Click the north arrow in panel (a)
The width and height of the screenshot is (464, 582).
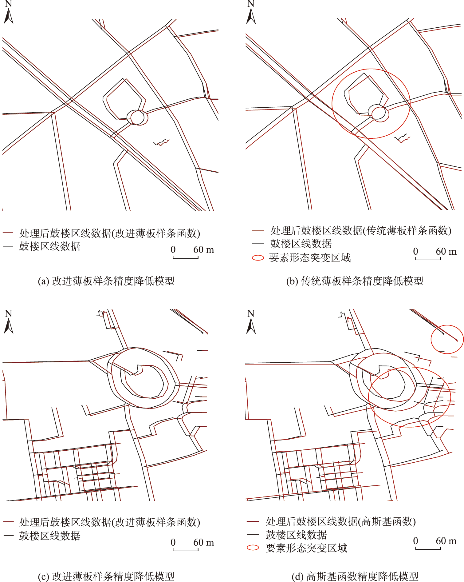click(8, 16)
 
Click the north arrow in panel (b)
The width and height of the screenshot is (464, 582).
click(251, 16)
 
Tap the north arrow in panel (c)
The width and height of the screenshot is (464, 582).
click(8, 326)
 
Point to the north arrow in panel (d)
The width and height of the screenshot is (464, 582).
click(251, 326)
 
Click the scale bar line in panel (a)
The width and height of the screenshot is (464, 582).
click(186, 257)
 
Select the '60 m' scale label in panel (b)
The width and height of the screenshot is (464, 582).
click(446, 251)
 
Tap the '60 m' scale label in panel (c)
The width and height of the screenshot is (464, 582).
click(203, 542)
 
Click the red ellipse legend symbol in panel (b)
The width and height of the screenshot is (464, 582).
click(258, 258)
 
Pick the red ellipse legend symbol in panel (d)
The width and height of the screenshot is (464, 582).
click(253, 548)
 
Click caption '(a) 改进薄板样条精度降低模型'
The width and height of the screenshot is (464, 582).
click(106, 281)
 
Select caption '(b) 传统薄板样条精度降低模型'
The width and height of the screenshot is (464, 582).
click(355, 281)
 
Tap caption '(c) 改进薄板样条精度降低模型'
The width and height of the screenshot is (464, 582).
click(106, 576)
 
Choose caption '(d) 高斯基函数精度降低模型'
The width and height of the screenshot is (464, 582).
click(355, 576)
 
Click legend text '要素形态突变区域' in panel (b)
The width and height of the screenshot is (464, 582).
click(310, 258)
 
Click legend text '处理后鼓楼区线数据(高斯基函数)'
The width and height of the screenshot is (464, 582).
click(341, 521)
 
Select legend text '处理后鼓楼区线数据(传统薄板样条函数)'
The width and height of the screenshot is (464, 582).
click(361, 230)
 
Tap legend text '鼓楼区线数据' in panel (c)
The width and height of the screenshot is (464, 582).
click(50, 536)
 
